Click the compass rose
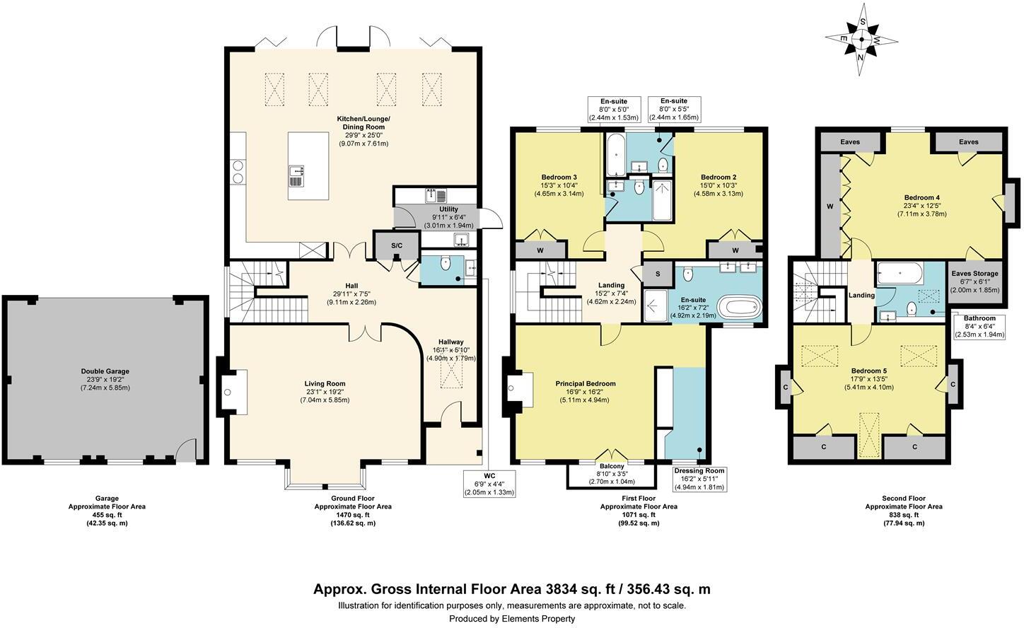[861, 40]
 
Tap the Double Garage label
[105, 371]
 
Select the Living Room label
[325, 383]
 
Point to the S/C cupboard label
[397, 246]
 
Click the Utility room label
[448, 209]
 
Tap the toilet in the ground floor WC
[446, 263]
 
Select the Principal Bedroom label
[586, 383]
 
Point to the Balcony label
[612, 466]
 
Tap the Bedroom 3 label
[559, 177]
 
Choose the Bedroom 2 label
[718, 177]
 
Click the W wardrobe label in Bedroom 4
[830, 207]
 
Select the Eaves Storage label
[975, 273]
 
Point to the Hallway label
[451, 342]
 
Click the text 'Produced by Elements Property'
[512, 619]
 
